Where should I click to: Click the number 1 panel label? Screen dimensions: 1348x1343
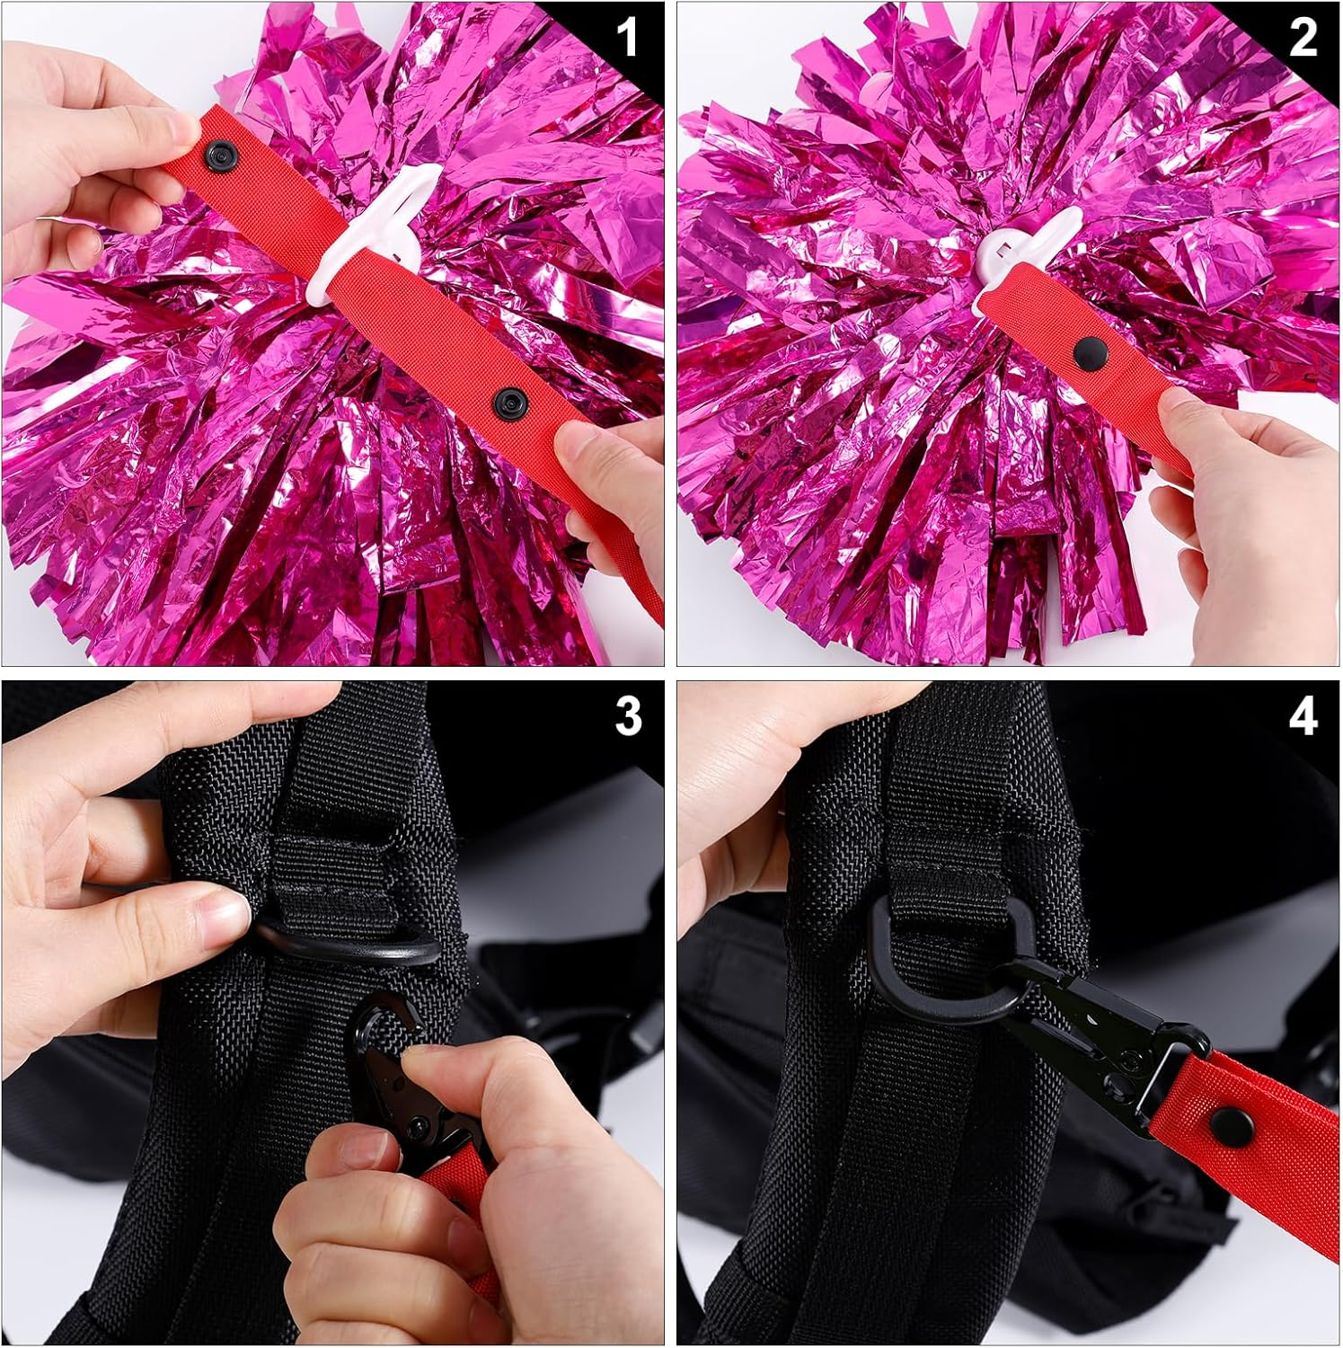point(627,39)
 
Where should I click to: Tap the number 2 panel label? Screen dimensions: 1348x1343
point(1303,39)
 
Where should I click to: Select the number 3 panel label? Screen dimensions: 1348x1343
point(628,716)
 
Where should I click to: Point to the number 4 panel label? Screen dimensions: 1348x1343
point(1303,716)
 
